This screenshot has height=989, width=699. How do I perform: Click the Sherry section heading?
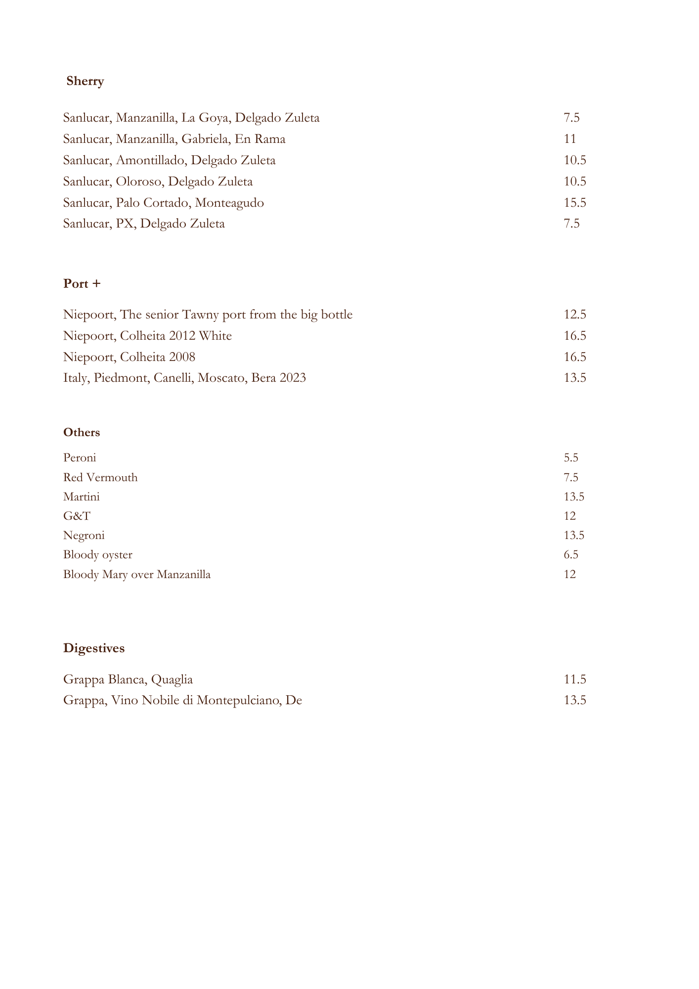pyautogui.click(x=85, y=81)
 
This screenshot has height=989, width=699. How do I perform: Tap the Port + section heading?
pyautogui.click(x=82, y=284)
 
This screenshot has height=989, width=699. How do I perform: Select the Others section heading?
pyautogui.click(x=82, y=433)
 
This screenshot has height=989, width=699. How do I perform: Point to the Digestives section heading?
pyautogui.click(x=94, y=648)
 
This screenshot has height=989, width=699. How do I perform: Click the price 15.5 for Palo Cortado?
pyautogui.click(x=575, y=203)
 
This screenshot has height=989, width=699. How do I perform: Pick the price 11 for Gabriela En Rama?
pyautogui.click(x=570, y=139)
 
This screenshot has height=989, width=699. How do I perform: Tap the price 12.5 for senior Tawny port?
pyautogui.click(x=575, y=315)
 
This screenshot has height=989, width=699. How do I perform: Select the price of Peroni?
pyautogui.click(x=571, y=457)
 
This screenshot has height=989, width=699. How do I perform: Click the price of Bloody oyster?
pyautogui.click(x=571, y=555)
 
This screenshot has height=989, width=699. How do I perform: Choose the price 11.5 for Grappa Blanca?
pyautogui.click(x=575, y=679)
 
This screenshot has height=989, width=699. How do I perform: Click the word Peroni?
pyautogui.click(x=80, y=457)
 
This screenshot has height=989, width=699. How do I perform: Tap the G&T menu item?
pyautogui.click(x=77, y=516)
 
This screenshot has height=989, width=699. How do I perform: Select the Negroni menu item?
pyautogui.click(x=84, y=536)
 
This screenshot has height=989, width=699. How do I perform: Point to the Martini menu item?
pyautogui.click(x=82, y=496)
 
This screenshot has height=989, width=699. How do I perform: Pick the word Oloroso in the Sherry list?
pyautogui.click(x=139, y=181)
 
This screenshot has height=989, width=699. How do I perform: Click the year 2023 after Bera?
pyautogui.click(x=293, y=378)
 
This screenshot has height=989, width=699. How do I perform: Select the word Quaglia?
pyautogui.click(x=172, y=680)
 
